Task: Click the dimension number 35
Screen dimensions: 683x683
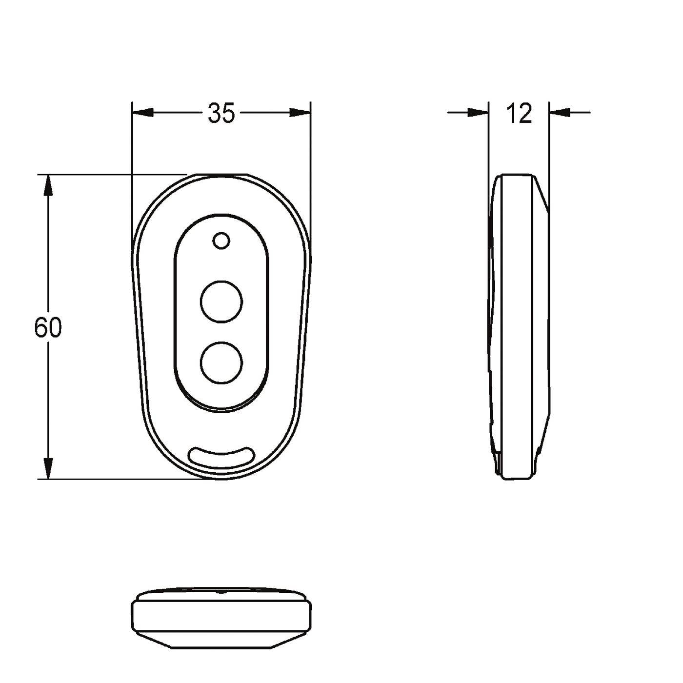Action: [221, 113]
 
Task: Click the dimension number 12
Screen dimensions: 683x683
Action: [519, 113]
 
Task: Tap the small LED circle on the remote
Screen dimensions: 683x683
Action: [221, 241]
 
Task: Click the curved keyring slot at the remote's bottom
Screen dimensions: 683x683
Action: [221, 457]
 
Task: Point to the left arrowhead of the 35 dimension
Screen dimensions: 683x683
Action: [143, 113]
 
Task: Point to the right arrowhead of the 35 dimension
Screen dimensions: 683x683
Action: [300, 113]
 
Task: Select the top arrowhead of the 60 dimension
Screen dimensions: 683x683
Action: [48, 185]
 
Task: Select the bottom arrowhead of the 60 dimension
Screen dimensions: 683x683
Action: [48, 468]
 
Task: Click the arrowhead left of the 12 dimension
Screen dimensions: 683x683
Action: [478, 113]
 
